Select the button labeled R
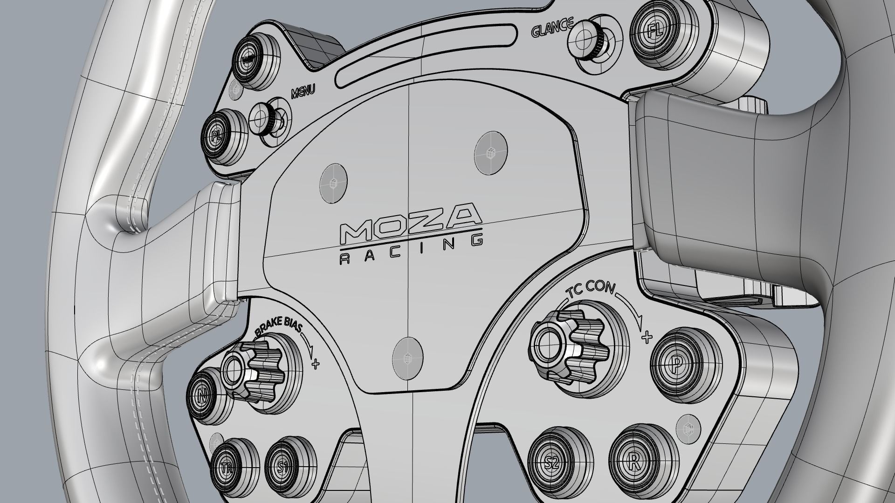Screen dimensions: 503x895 (x=633, y=462)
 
